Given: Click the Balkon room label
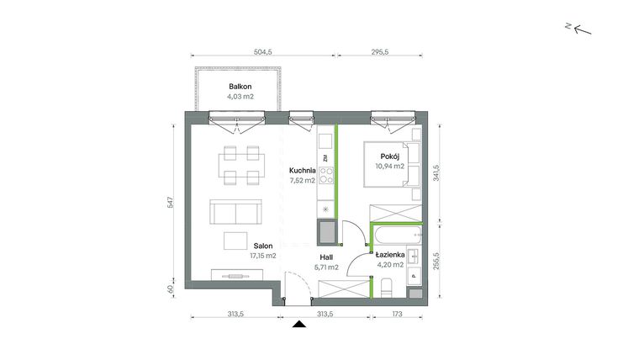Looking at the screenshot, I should tap(240, 87).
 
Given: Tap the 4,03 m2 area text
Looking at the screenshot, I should tap(240, 97).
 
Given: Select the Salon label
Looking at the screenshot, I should tap(263, 245).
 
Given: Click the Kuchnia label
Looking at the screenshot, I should tap(301, 169).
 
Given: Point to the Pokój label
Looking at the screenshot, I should tap(389, 156).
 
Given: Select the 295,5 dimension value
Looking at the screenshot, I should tap(380, 51).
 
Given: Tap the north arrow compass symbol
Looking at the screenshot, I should tap(581, 29).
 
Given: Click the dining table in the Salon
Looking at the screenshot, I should tap(240, 164).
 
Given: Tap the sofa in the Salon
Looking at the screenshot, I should tap(233, 213).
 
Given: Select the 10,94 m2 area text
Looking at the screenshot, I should tap(389, 167).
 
